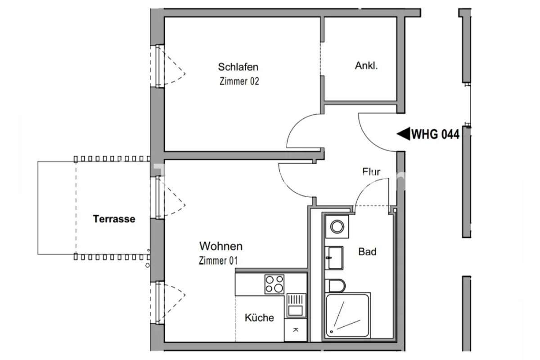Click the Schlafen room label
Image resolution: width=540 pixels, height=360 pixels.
click(x=238, y=67)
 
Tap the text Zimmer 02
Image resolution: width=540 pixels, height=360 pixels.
click(x=239, y=81)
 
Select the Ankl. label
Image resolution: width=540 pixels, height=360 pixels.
click(x=366, y=66)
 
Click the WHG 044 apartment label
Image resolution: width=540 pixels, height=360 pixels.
click(x=435, y=134)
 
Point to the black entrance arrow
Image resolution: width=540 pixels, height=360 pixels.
click(x=403, y=133)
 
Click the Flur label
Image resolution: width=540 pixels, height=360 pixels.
click(x=371, y=171)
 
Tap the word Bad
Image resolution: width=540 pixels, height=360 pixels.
click(x=367, y=252)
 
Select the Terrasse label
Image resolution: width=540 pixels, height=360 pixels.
click(x=114, y=219)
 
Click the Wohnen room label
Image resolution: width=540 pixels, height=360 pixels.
click(x=220, y=246)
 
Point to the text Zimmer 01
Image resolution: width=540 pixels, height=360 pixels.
click(x=218, y=260)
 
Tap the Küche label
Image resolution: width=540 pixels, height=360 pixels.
click(x=259, y=318)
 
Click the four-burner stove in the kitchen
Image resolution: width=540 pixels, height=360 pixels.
click(x=274, y=284)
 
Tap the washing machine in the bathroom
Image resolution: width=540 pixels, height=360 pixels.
click(x=336, y=226)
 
